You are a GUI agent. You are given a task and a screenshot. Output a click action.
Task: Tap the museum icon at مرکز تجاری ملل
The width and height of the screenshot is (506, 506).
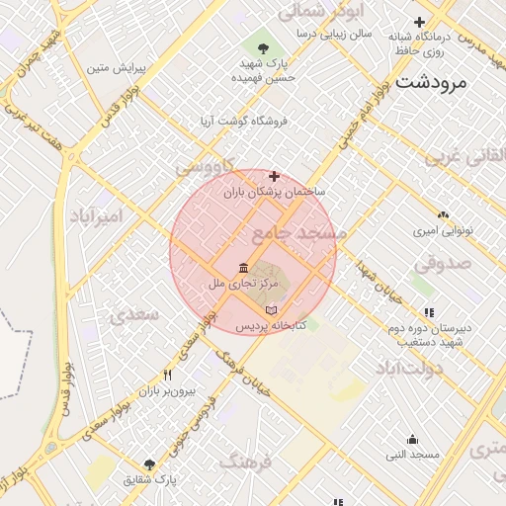pos(243,268)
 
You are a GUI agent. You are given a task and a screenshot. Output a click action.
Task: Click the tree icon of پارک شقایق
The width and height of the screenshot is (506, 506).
pos(149,464)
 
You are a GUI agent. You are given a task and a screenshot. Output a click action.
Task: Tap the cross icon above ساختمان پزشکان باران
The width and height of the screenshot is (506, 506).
pos(274,177)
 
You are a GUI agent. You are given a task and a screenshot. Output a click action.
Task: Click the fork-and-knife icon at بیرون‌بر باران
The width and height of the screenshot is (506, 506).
pos(167,376)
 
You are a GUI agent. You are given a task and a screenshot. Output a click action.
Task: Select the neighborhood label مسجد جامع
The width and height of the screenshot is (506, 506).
pos(299,234)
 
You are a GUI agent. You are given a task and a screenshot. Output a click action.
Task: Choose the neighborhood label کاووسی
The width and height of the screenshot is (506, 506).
pos(205,168)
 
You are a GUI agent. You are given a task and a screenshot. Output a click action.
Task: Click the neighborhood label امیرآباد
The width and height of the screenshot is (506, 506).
pos(96,215)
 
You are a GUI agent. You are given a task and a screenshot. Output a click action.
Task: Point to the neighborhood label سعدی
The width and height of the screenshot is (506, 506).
pos(134,314)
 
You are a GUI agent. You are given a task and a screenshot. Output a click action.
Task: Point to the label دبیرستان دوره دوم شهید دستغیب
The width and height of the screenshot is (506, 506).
pos(428,336)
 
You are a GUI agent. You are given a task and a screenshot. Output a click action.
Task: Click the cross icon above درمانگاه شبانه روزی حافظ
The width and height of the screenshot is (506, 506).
pos(420,22)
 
